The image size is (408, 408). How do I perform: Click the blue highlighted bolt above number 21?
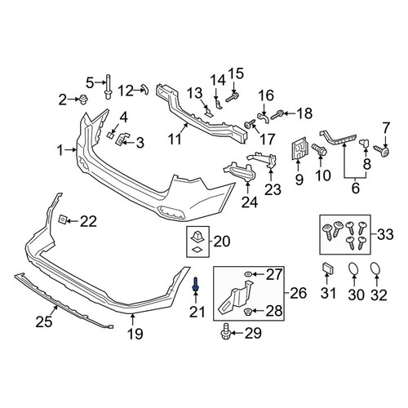tap(196, 286)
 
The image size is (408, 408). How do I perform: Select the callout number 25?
tap(43, 322)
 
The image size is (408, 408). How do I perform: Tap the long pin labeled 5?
tap(108, 86)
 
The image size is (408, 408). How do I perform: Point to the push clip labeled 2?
tap(82, 100)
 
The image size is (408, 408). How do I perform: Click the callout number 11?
tap(175, 140)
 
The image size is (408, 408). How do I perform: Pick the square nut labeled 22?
tap(62, 219)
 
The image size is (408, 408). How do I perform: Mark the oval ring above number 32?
tap(376, 268)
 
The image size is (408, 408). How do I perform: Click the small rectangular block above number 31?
tap(328, 268)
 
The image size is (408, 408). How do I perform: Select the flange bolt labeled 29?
tap(226, 331)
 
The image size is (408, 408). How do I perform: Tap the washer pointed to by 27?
tap(248, 274)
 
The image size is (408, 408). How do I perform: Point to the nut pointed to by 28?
tap(248, 311)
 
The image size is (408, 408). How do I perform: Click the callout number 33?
tap(385, 234)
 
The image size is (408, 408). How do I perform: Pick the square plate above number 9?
tap(299, 149)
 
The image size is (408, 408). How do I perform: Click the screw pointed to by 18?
tap(277, 115)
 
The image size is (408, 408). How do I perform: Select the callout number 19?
tap(135, 334)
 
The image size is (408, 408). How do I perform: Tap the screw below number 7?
tap(383, 151)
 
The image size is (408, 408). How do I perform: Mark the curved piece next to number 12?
tap(144, 89)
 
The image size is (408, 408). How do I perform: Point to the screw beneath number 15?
tap(232, 97)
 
